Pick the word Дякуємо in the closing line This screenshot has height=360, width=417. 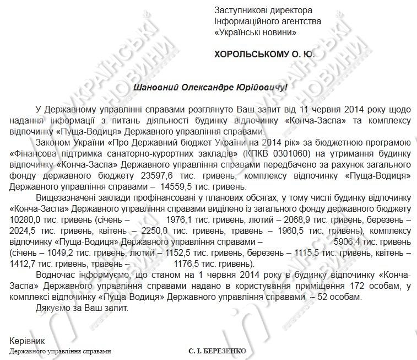(53, 308)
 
